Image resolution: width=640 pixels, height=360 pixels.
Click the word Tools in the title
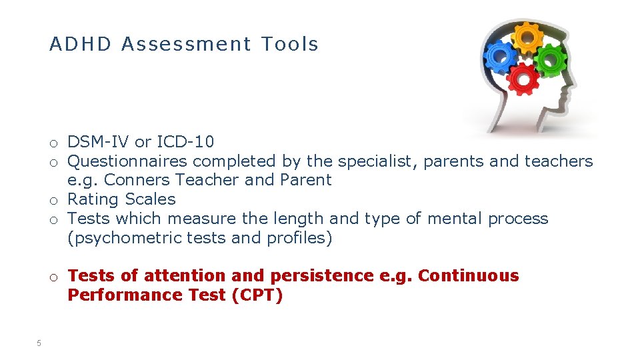point(290,45)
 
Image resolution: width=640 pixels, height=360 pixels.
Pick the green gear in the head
point(550,59)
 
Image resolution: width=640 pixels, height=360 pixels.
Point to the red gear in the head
point(523,78)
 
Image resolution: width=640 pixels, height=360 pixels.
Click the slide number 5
point(39,343)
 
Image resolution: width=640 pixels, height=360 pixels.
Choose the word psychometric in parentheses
point(120,238)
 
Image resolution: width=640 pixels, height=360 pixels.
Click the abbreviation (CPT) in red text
point(257,295)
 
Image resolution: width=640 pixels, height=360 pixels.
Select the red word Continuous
point(468,276)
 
